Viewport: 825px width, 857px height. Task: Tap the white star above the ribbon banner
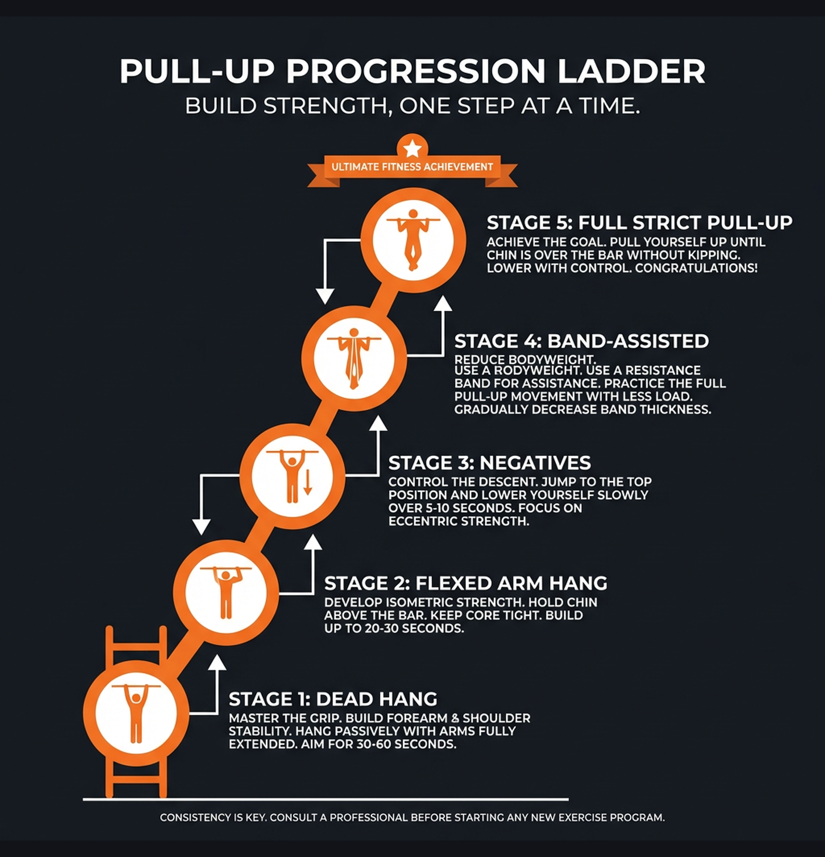(412, 148)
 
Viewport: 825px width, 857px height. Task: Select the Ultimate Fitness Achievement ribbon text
(412, 167)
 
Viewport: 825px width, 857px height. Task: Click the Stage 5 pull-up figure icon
(413, 240)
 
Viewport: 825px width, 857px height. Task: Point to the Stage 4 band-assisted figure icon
(354, 358)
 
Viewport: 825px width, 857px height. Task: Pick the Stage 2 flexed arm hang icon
(226, 592)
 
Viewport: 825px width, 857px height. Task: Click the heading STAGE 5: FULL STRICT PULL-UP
(639, 222)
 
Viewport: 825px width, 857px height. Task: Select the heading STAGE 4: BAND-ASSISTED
(581, 341)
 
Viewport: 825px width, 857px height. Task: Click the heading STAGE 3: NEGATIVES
(489, 462)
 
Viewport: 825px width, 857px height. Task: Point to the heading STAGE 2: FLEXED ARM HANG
(465, 583)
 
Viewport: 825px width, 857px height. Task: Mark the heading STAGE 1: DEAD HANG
(333, 699)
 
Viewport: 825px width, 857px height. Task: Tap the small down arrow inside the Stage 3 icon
(308, 481)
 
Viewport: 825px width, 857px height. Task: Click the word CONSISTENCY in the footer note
(195, 817)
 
